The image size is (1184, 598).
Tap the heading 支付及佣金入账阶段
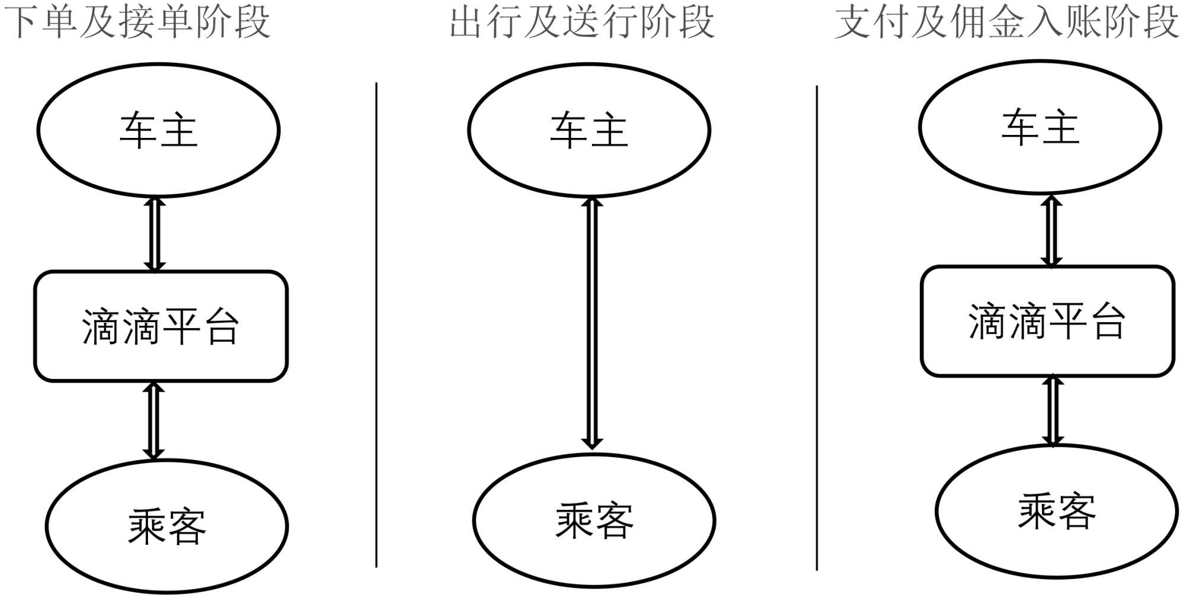point(1006,22)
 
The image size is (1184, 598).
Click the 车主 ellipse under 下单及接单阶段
point(158,130)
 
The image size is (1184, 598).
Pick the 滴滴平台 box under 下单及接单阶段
point(160,326)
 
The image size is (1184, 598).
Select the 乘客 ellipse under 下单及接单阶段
point(166,526)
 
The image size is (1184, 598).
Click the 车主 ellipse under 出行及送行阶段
point(589,130)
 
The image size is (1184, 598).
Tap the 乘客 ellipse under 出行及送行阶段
point(594,520)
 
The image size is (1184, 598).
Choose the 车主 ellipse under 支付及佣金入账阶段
point(1040,127)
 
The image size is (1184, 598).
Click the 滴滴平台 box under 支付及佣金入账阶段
point(1047,321)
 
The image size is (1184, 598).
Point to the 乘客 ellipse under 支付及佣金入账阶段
point(1057,511)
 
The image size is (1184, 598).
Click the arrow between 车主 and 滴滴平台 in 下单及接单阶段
point(155,234)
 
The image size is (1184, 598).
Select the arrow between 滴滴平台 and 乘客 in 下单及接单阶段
point(154,421)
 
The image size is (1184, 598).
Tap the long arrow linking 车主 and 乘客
point(591,323)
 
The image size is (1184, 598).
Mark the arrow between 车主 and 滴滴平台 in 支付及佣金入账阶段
point(1051,230)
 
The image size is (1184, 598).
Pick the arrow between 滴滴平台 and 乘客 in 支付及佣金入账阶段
point(1053,410)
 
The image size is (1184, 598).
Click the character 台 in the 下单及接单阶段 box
point(222,327)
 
